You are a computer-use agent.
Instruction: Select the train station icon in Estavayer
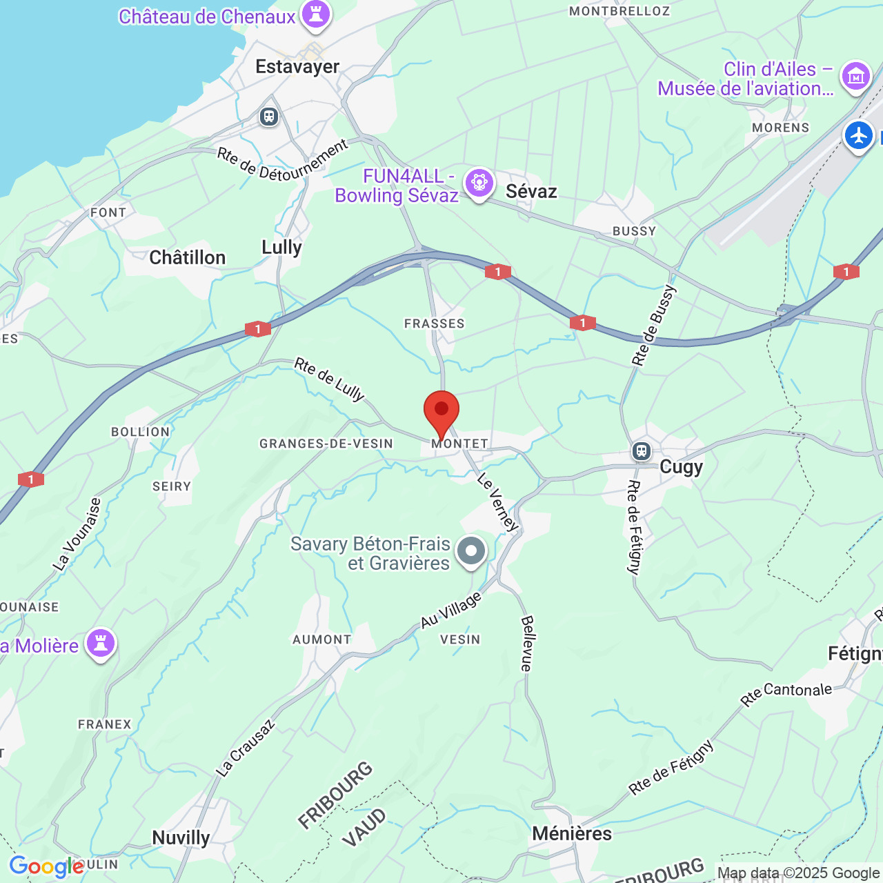(269, 117)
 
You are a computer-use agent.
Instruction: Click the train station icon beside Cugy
(642, 451)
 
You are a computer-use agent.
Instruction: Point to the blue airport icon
(858, 135)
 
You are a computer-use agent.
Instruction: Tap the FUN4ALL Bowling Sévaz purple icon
(479, 183)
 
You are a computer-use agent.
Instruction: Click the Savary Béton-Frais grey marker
(472, 551)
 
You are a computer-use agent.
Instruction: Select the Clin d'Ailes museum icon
(856, 76)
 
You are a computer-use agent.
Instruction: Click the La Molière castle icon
(101, 644)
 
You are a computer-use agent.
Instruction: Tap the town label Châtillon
(187, 257)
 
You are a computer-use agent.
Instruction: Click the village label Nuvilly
(181, 837)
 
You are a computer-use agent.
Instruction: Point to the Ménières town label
(572, 833)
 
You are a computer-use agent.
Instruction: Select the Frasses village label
(435, 324)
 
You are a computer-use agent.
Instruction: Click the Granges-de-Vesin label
(326, 444)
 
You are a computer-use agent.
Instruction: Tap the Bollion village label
(140, 432)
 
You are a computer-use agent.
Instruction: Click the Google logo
(46, 866)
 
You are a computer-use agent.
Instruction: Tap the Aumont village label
(322, 639)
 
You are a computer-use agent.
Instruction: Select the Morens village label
(780, 128)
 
